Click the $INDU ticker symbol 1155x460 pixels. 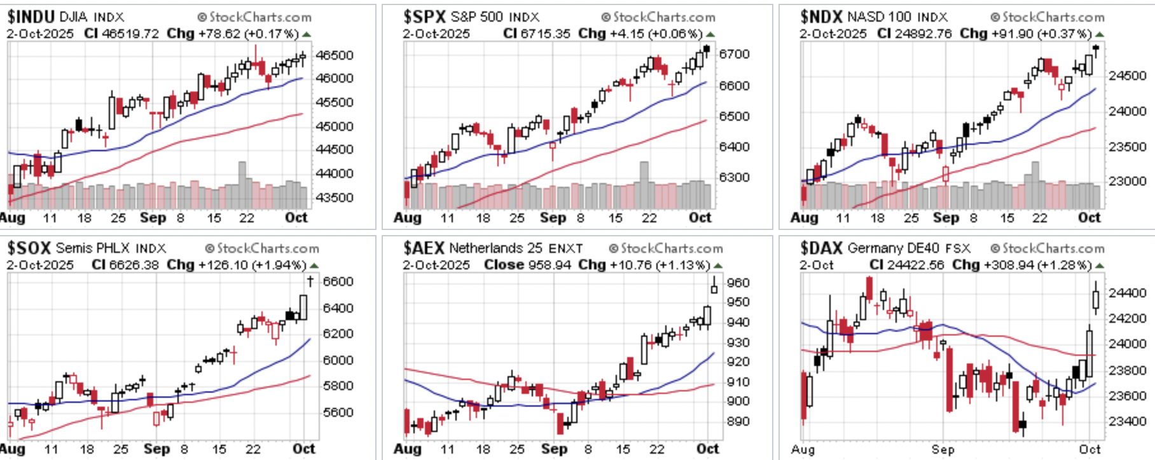tap(31, 17)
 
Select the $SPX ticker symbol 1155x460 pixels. tap(425, 17)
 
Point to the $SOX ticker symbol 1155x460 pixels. tap(29, 248)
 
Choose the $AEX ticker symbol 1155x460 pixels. tap(424, 248)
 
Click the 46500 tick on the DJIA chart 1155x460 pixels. tap(335, 55)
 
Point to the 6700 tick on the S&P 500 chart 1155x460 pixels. tap(734, 54)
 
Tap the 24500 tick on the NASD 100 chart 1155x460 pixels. tap(1128, 76)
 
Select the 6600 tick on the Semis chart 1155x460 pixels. tap(338, 281)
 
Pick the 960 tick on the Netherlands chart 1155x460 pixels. tap(738, 283)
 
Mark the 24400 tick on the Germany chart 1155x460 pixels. tap(1128, 293)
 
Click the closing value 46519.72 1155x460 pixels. tap(130, 34)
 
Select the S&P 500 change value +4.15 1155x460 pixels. tap(626, 34)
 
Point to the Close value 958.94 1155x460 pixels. tap(549, 265)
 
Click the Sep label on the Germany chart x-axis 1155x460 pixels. tap(943, 449)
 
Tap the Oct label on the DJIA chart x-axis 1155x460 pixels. tap(296, 217)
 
